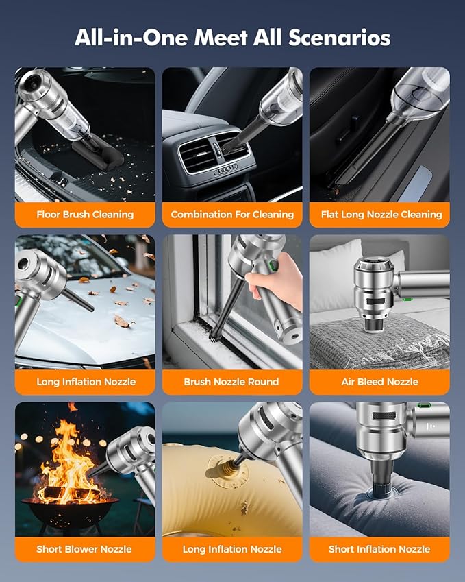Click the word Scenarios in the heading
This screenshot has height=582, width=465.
[x=339, y=38]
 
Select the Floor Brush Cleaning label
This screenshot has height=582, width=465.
[x=85, y=214]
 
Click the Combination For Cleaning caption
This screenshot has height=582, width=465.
[x=232, y=214]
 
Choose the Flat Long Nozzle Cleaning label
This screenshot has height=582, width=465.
[x=381, y=214]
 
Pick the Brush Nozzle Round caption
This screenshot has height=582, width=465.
[x=231, y=382]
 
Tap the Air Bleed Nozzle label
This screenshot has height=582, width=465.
[x=379, y=382]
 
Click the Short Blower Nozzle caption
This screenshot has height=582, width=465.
[x=84, y=549]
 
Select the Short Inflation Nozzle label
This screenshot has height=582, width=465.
[x=379, y=549]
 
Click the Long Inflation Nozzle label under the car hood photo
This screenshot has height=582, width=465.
[x=86, y=382]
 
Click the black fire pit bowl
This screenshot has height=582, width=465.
[x=69, y=512]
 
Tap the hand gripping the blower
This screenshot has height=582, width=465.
[x=275, y=274]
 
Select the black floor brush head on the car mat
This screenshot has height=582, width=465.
[x=97, y=152]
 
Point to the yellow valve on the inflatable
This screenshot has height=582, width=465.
[x=218, y=467]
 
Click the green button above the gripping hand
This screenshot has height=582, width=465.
[x=274, y=265]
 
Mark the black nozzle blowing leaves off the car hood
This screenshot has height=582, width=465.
[x=78, y=300]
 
